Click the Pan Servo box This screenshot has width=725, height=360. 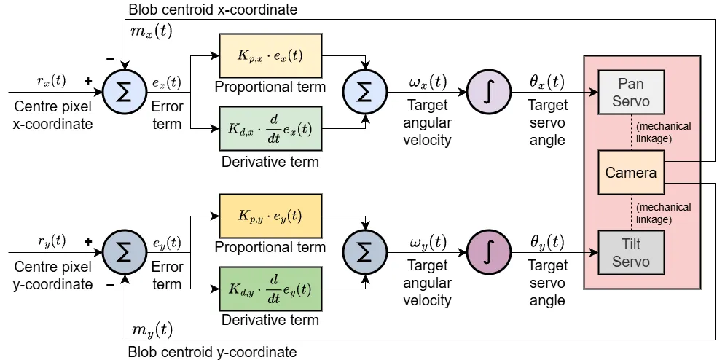click(x=630, y=92)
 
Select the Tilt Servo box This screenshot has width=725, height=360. click(x=630, y=252)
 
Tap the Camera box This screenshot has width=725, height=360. click(x=630, y=173)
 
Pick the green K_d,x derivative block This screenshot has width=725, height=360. click(x=270, y=128)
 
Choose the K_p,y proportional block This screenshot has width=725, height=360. click(x=270, y=216)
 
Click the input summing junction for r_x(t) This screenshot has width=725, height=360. click(x=125, y=93)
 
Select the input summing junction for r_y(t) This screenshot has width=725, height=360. click(x=125, y=253)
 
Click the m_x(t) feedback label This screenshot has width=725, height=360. click(x=152, y=31)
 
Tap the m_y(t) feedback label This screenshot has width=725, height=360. click(x=152, y=329)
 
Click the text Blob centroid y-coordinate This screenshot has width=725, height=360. click(x=212, y=352)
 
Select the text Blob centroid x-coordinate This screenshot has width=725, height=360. click(x=212, y=9)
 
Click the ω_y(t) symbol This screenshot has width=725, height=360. click(x=428, y=242)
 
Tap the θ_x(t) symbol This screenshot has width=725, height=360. click(x=546, y=82)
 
